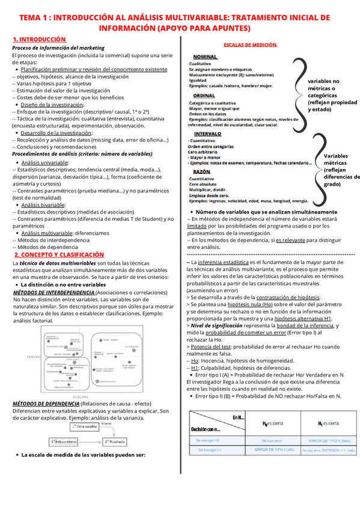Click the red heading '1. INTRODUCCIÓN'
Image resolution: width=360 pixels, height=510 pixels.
click(x=39, y=39)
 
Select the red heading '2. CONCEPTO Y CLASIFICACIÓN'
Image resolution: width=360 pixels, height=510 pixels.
click(x=59, y=255)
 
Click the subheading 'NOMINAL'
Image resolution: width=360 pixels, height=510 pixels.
click(x=206, y=57)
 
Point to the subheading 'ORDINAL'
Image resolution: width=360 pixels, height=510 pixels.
click(x=204, y=96)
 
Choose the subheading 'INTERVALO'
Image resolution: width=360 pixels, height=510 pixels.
click(x=208, y=134)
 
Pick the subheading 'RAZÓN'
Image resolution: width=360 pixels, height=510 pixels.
click(x=202, y=172)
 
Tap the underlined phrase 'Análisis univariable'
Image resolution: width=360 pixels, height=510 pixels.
click(x=44, y=162)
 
